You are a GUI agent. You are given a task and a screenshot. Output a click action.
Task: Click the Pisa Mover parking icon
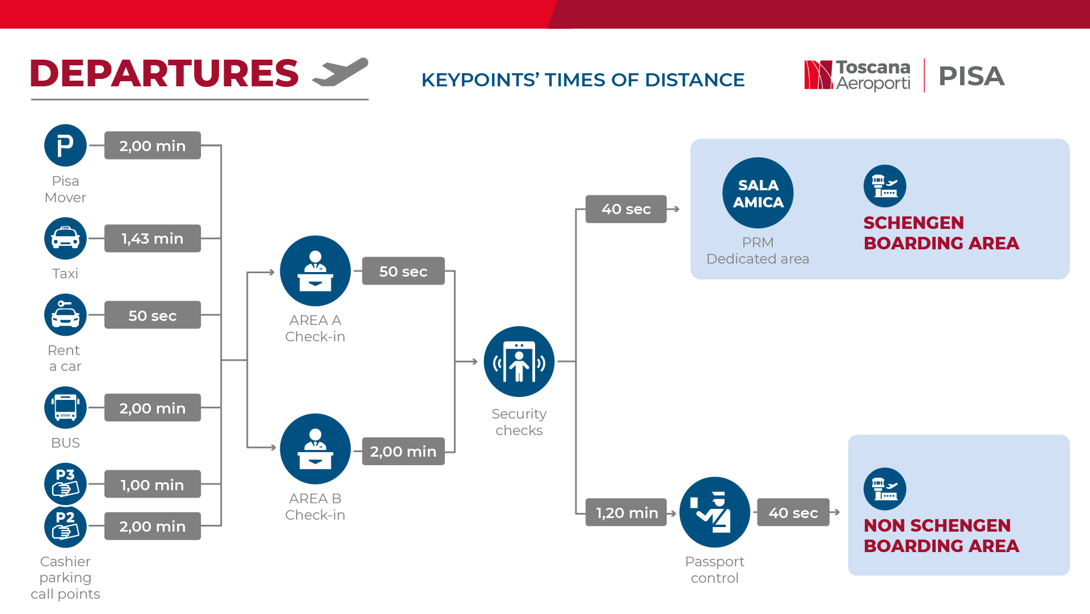[65, 145]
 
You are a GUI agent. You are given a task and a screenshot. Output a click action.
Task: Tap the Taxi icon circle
[65, 239]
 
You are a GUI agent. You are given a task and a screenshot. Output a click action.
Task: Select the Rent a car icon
[65, 315]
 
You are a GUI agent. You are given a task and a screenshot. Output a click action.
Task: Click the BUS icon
[65, 408]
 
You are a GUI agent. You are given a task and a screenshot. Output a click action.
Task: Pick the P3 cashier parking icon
[65, 484]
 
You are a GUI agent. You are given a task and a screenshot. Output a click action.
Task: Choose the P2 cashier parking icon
[65, 526]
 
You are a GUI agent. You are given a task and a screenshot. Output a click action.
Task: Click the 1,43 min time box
[153, 239]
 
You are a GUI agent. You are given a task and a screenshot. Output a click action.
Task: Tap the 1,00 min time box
[153, 484]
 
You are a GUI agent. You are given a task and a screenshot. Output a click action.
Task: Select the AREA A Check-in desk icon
[315, 271]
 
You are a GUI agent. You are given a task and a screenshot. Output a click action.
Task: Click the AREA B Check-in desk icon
[315, 449]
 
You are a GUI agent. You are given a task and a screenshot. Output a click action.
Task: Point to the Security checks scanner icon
[519, 361]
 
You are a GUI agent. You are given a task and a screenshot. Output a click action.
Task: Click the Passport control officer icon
[715, 512]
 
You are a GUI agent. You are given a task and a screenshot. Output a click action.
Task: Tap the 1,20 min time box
[626, 512]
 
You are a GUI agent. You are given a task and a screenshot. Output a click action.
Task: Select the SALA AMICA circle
[758, 193]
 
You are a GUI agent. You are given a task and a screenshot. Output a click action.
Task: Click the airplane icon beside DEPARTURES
[340, 72]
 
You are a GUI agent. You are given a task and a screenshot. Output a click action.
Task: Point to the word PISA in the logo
[971, 76]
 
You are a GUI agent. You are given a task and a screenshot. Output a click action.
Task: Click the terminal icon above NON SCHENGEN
[885, 489]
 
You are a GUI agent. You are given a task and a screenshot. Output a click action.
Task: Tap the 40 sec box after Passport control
[793, 512]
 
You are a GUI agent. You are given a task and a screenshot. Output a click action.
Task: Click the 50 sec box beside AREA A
[403, 271]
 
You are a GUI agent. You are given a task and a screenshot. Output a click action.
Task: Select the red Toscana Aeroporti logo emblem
[818, 75]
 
